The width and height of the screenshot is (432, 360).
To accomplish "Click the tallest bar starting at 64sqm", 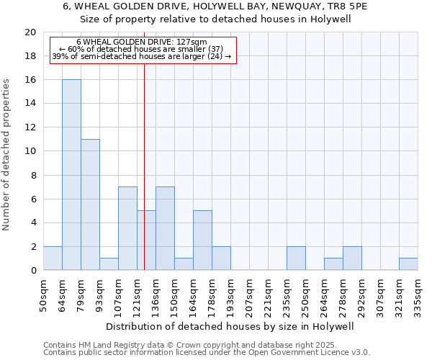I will [71, 175].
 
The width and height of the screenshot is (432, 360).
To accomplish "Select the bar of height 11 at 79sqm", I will [90, 204].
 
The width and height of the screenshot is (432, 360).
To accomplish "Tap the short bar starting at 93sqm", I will [109, 264].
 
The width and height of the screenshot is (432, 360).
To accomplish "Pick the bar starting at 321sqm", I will [408, 264].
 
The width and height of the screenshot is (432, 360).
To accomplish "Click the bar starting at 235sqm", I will [296, 258].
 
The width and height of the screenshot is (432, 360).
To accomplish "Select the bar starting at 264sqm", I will [333, 264].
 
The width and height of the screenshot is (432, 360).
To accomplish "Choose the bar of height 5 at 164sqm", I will [202, 240].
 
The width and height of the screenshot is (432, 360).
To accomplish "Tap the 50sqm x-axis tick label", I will [43, 294].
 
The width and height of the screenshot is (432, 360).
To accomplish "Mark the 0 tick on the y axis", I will [32, 271].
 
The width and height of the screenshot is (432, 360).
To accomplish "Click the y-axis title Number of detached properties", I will [7, 155].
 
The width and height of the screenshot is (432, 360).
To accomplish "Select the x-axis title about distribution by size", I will [230, 327].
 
